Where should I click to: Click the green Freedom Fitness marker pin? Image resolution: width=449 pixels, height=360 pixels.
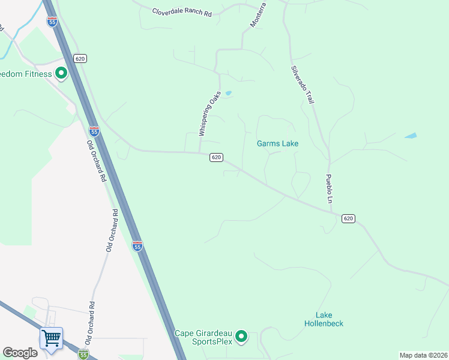(61, 74)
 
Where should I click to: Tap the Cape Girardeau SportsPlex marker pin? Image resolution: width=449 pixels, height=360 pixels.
(241, 336)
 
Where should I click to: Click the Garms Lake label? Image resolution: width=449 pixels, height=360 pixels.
(277, 143)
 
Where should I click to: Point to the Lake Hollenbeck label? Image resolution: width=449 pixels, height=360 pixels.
(328, 319)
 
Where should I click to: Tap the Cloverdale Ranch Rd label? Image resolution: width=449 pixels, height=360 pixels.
(182, 11)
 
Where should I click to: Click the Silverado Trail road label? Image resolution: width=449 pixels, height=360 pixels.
(303, 84)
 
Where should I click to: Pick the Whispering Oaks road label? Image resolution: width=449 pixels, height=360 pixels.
(210, 114)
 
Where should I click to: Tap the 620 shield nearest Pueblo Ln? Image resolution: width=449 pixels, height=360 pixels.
(348, 218)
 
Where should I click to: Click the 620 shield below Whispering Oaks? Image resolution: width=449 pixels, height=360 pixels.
(217, 157)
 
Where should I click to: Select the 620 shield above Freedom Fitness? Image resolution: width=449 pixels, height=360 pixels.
(80, 58)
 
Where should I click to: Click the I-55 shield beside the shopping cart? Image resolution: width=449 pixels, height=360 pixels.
(83, 355)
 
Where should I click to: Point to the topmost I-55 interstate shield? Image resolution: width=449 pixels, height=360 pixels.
(53, 21)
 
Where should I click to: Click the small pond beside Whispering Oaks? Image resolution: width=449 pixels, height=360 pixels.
(228, 93)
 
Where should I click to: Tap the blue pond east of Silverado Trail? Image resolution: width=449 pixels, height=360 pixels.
(411, 136)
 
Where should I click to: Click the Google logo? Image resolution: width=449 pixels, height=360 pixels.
(20, 353)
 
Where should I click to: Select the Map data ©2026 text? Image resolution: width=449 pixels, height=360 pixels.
(423, 355)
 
